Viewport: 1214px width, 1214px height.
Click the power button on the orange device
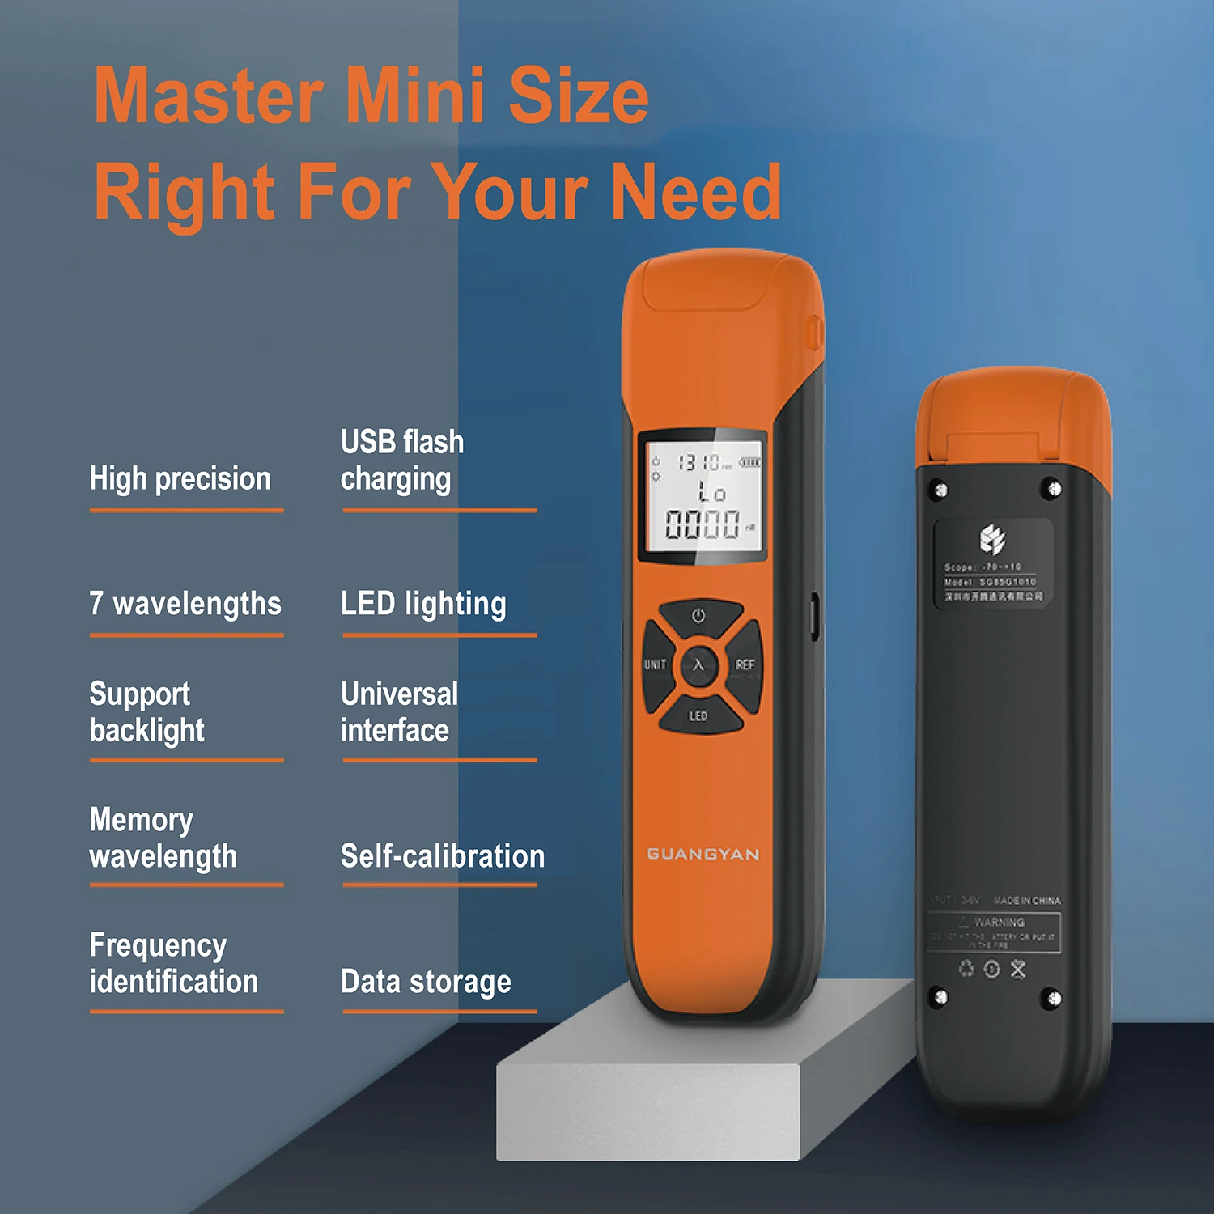698,616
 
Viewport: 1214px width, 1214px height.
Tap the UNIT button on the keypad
656,664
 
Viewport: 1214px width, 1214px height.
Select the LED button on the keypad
698,715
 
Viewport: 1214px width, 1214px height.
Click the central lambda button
698,665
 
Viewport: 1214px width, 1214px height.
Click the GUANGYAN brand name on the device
703,854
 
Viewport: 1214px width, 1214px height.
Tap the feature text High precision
180,478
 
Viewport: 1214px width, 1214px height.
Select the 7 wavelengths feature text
185,604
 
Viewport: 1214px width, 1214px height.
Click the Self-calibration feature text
442,856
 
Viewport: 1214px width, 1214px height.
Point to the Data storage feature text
426,982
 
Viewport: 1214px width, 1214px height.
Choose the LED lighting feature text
423,604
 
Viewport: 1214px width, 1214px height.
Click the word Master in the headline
209,96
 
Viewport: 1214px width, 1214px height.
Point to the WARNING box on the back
994,932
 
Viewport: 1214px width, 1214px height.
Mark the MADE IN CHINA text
1026,900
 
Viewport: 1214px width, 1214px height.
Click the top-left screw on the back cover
940,490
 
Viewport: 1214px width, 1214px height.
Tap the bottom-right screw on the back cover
1053,999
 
